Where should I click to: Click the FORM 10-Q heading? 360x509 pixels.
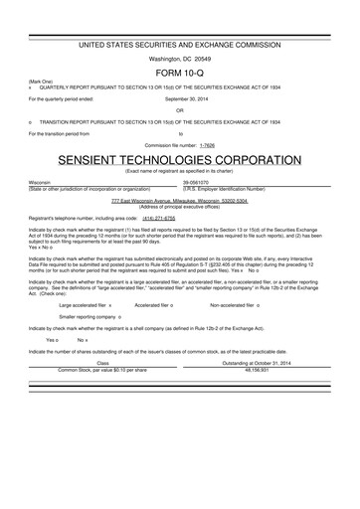180,76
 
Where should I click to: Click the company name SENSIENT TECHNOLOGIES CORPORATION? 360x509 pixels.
180,160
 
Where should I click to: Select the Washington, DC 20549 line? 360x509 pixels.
180,59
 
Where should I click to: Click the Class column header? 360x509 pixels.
101,363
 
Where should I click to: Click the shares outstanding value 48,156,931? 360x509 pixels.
261,369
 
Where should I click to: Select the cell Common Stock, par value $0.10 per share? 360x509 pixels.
101,369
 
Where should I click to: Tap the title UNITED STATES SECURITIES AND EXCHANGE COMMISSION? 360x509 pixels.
180,46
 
